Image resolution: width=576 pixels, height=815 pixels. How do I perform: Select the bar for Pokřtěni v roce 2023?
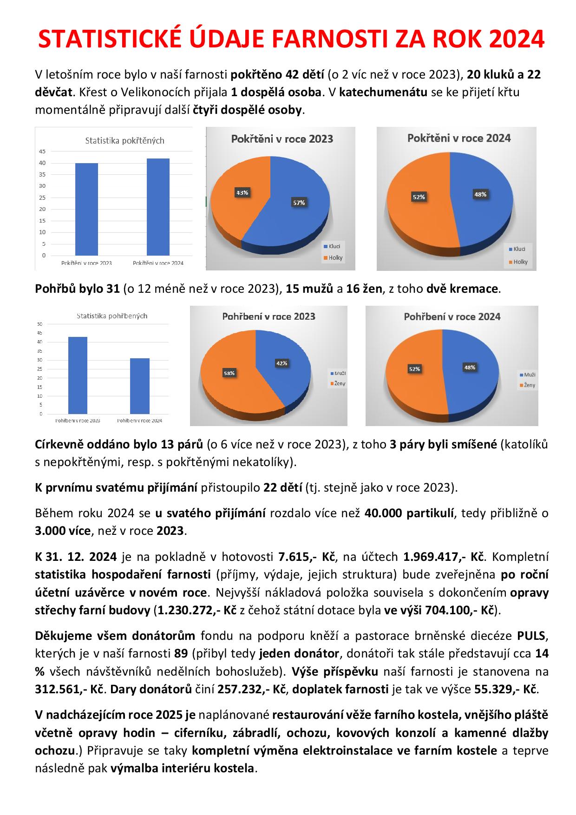pyautogui.click(x=86, y=209)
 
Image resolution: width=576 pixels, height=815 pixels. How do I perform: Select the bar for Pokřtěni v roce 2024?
pyautogui.click(x=158, y=207)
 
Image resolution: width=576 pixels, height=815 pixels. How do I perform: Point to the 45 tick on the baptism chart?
pyautogui.click(x=43, y=151)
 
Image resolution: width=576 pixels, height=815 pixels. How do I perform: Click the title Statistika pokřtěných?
pyautogui.click(x=124, y=140)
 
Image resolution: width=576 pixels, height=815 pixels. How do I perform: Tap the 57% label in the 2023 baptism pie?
pyautogui.click(x=299, y=203)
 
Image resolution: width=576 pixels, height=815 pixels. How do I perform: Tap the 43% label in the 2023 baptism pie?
pyautogui.click(x=242, y=192)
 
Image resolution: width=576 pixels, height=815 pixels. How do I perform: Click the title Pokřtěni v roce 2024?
pyautogui.click(x=459, y=138)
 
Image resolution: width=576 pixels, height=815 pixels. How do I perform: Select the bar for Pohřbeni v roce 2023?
pyautogui.click(x=78, y=375)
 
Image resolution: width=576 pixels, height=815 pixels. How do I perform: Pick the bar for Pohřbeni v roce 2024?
pyautogui.click(x=139, y=386)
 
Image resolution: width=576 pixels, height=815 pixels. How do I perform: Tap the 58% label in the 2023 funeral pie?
pyautogui.click(x=229, y=373)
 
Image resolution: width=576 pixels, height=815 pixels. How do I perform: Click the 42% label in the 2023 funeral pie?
pyautogui.click(x=281, y=363)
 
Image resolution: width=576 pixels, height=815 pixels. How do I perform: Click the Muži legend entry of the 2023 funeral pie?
pyautogui.click(x=338, y=373)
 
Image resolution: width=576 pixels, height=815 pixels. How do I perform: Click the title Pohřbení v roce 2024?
pyautogui.click(x=452, y=317)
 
